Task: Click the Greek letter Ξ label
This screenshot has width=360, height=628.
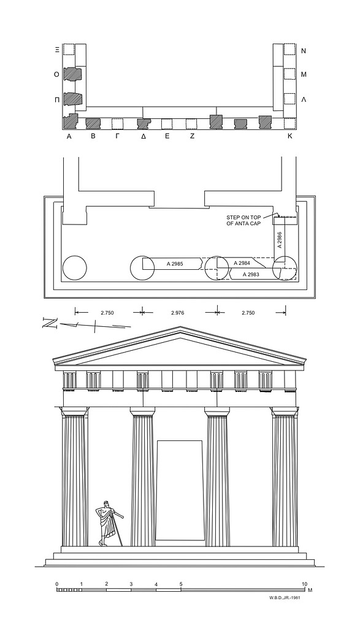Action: (57, 50)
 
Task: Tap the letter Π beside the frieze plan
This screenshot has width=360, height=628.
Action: (57, 101)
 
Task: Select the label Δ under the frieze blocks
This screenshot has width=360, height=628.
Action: (143, 136)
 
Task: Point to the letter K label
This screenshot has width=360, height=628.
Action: (290, 136)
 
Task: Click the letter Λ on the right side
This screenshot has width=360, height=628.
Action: (303, 100)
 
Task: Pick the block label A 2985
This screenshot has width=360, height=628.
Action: (175, 264)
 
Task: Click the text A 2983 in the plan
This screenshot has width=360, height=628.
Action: (251, 274)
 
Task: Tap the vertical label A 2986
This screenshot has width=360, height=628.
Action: (280, 239)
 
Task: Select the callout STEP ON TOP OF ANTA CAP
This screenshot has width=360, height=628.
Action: (243, 220)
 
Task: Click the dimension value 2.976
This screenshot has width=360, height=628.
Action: (177, 313)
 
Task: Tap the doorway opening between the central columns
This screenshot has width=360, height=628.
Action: (180, 491)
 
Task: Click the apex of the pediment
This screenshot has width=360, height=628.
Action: (180, 326)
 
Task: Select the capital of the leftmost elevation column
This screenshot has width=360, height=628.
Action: (74, 412)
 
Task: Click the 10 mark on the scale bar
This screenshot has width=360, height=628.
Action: (304, 584)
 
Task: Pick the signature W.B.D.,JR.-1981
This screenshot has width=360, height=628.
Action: (285, 598)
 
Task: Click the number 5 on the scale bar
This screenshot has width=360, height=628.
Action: (180, 584)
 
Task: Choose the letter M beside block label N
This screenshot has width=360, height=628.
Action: (304, 74)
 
